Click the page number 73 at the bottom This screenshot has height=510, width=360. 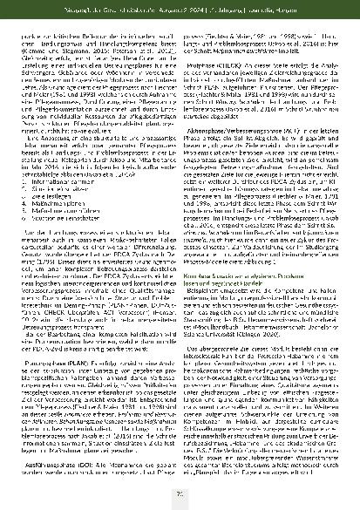click(180, 498)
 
